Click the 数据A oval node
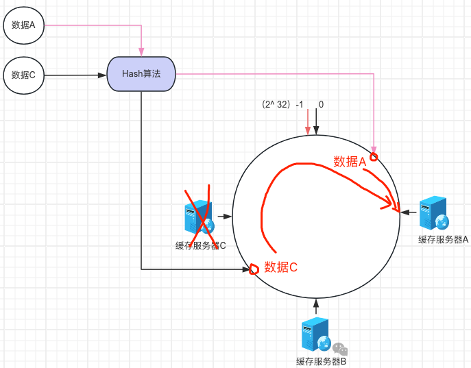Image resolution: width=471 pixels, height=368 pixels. (24, 26)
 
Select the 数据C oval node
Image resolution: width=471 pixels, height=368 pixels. (24, 75)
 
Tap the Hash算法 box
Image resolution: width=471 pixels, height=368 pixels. (141, 74)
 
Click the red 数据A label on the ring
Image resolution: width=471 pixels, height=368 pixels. (350, 162)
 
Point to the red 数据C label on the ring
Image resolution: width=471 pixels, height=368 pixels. (281, 267)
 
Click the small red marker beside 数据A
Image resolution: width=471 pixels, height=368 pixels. (374, 157)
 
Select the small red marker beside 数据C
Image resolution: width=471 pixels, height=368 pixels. (254, 269)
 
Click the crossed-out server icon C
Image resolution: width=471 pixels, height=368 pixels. (199, 218)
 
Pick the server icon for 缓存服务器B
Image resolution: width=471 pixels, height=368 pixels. (316, 335)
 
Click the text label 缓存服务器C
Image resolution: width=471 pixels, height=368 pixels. (200, 245)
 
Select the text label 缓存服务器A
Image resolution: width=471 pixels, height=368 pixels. (444, 239)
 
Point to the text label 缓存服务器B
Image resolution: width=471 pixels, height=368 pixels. (322, 361)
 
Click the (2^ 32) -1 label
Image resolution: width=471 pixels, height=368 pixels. (282, 105)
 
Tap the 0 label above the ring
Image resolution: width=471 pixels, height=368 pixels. (321, 105)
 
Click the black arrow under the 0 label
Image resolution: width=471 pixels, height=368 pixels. (317, 123)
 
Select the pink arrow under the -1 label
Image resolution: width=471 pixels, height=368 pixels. (307, 123)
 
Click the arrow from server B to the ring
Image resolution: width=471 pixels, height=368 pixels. (316, 307)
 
